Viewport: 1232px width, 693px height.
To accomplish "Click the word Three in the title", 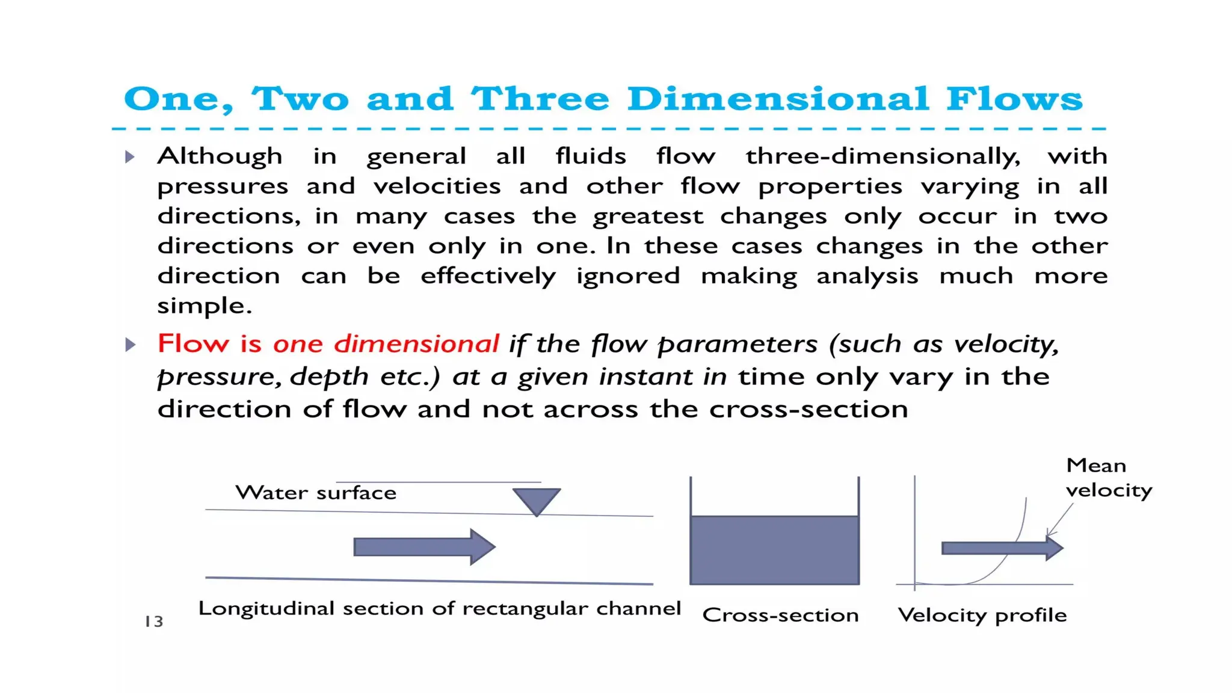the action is [540, 99].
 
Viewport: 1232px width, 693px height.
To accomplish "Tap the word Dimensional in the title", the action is [778, 99].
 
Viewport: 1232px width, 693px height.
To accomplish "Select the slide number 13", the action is [154, 621].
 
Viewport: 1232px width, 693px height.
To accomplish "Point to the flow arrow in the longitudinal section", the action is [424, 547].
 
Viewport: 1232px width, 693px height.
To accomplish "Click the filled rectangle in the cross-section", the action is [774, 550].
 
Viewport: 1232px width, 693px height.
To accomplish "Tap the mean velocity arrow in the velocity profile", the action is [1002, 548].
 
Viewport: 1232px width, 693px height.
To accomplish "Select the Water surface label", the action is [316, 493].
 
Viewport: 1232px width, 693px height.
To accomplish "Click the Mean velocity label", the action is [1108, 478].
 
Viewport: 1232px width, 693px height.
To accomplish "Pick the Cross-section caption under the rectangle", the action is [780, 615].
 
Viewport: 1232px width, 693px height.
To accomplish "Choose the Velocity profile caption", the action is [982, 615].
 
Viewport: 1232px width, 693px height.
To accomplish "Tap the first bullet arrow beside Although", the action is [130, 158].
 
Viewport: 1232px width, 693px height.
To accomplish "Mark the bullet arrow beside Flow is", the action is [130, 345].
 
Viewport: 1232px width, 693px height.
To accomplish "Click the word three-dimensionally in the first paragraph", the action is [882, 156].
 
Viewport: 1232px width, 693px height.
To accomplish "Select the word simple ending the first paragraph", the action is [204, 306].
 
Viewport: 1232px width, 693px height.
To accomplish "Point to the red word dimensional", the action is [416, 344].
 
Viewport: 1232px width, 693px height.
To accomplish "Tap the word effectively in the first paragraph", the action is [488, 276].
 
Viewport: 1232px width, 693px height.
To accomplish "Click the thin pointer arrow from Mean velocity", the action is [1060, 519].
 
